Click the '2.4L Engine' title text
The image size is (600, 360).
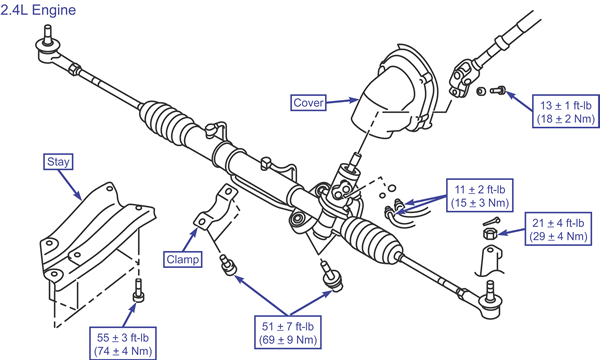click(38, 10)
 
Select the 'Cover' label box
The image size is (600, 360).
click(308, 103)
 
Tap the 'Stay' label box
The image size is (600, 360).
click(58, 161)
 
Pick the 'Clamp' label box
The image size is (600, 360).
click(183, 259)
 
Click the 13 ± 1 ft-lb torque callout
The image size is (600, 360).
click(566, 112)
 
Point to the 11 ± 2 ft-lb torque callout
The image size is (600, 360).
click(480, 195)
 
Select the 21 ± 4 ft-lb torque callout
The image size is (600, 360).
click(558, 229)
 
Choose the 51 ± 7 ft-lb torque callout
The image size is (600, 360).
click(288, 332)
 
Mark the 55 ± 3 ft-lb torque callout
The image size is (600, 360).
click(123, 344)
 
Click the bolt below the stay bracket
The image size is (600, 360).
click(138, 290)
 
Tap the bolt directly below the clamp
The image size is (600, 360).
click(228, 265)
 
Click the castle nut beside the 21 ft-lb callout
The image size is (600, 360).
click(489, 233)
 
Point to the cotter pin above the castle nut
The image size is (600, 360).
click(491, 221)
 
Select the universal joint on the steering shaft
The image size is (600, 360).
click(462, 76)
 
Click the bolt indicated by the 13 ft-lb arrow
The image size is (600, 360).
click(498, 91)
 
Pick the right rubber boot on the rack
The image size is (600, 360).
click(370, 240)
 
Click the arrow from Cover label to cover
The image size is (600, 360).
click(342, 101)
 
